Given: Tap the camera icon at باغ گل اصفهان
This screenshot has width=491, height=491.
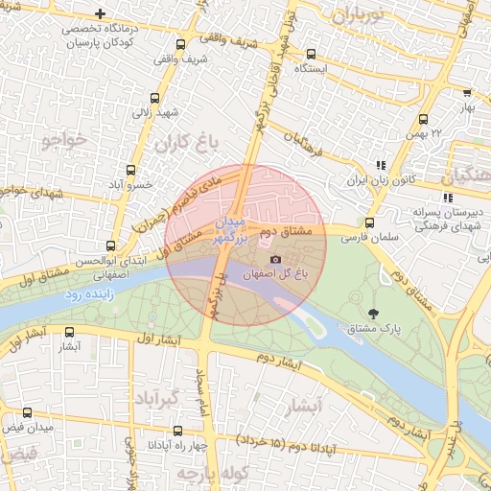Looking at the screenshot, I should [x=276, y=259].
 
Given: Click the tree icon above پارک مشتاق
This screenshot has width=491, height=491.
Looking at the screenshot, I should [x=373, y=313].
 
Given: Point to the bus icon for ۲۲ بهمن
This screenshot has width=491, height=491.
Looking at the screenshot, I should [x=423, y=119].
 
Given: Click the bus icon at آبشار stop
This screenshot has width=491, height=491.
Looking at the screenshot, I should [x=69, y=333].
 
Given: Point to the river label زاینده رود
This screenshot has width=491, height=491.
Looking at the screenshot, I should [x=90, y=294].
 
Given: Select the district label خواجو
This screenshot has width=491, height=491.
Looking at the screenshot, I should [x=64, y=140].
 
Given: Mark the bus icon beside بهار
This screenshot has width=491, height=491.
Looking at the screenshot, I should [x=466, y=93].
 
